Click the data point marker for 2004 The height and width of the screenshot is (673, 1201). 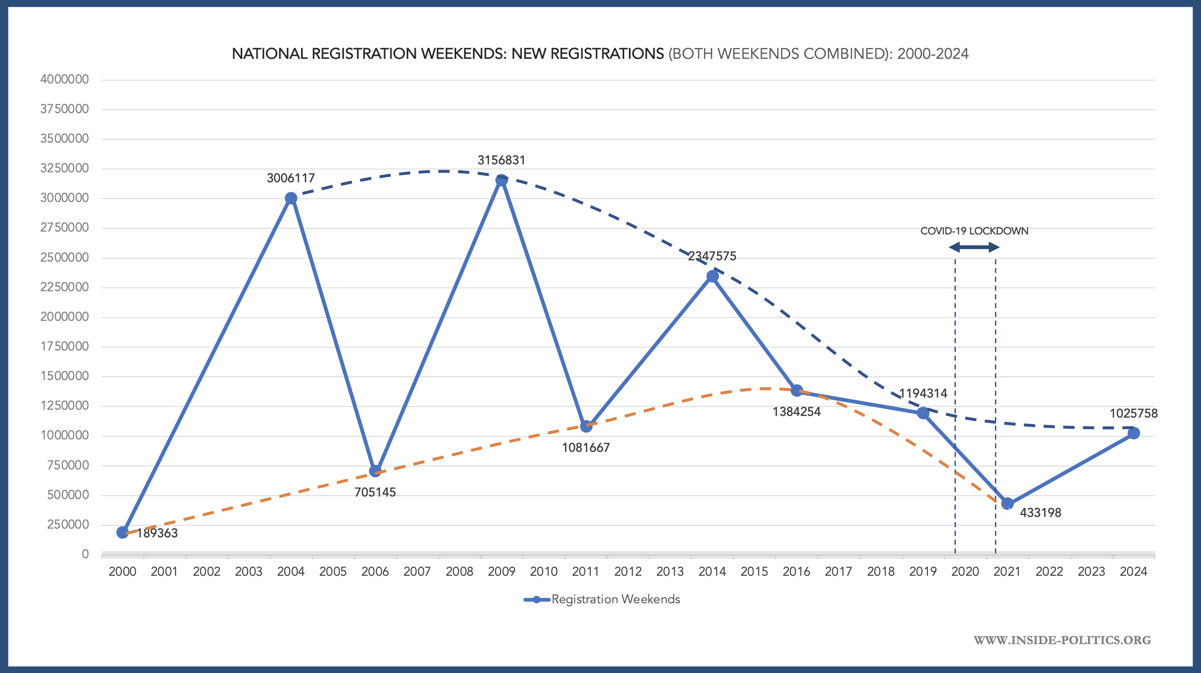(x=291, y=198)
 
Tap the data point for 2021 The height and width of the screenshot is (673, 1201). (x=1007, y=504)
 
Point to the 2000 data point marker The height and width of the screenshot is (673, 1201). (x=123, y=532)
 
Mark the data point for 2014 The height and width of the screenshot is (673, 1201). (x=712, y=277)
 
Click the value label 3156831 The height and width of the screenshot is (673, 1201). (x=501, y=161)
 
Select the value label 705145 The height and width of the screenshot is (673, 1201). (x=375, y=492)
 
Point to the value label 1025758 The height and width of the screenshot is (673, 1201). (x=1133, y=413)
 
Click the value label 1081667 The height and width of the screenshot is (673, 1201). (x=585, y=448)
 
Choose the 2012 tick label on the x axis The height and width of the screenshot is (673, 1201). (x=628, y=572)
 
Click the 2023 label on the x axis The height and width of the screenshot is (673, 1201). (x=1091, y=572)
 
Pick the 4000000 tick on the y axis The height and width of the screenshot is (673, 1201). (x=64, y=79)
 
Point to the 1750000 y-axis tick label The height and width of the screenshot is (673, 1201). (x=64, y=347)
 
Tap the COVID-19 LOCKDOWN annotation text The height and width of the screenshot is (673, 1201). (x=974, y=231)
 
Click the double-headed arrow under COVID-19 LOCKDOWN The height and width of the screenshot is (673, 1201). (x=974, y=247)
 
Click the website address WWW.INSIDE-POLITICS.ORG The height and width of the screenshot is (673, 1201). (x=1062, y=640)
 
